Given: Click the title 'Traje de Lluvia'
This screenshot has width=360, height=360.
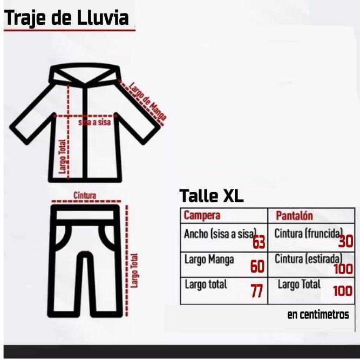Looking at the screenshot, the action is tap(66, 18).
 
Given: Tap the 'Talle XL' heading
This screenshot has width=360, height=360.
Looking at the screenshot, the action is tap(211, 196).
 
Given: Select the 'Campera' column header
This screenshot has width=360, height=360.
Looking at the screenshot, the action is tap(202, 215).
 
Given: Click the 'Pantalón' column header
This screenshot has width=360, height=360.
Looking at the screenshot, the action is tap(294, 215).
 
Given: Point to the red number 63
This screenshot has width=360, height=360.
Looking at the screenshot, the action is tap(259, 242).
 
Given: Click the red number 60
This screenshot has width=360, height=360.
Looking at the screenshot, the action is tap(257, 266).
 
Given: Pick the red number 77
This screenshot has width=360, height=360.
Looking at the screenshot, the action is tap(256, 291).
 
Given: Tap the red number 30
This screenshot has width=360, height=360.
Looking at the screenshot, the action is tap(346, 241).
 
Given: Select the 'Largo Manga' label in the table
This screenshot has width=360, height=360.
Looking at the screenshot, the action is tap(209, 260).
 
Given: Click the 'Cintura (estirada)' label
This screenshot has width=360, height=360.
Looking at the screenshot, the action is tap(309, 259).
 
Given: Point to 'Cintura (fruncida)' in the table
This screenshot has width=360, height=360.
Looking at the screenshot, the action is tap(309, 234).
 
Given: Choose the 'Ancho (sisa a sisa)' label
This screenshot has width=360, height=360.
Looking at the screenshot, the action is tap(220, 234).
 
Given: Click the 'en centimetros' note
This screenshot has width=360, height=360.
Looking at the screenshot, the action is tap(318, 315).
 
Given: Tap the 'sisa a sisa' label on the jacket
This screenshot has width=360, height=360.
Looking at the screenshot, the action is tap(94, 122).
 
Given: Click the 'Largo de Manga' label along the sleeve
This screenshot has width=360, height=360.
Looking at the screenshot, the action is tap(147, 101).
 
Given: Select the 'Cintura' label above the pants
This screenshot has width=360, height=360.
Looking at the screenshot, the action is tap(85, 195).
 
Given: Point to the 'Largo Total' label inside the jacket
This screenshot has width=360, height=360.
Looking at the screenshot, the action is tap(62, 157).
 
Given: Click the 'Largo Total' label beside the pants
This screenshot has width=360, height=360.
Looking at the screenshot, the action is tap(134, 270).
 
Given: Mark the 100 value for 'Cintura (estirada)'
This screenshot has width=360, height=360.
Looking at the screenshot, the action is tap(343, 269).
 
